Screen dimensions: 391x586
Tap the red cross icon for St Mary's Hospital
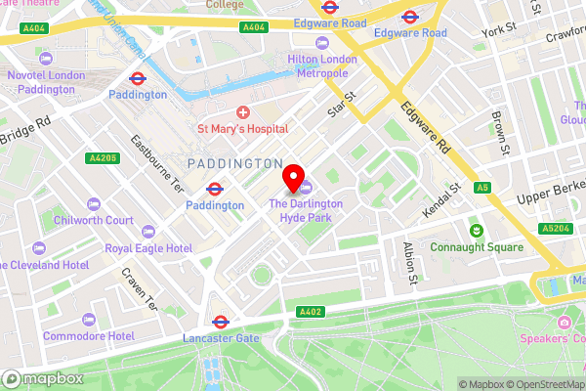(x=243, y=112)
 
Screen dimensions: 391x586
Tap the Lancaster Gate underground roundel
(x=221, y=321)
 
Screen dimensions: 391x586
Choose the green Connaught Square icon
(x=477, y=231)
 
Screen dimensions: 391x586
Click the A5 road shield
(x=481, y=187)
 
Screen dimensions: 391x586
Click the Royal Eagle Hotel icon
(x=148, y=232)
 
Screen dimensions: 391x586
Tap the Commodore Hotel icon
(x=89, y=320)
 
